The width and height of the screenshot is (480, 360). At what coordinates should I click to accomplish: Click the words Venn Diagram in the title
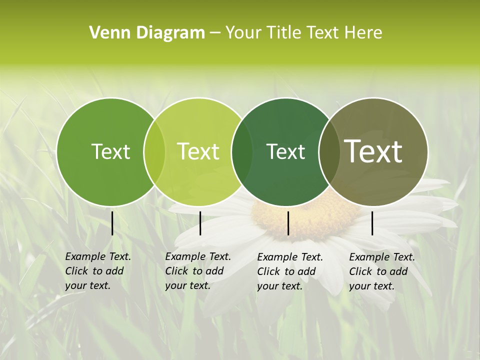[x=147, y=33]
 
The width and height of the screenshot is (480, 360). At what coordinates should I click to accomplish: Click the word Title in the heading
[x=285, y=33]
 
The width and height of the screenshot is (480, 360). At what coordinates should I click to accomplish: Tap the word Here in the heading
[x=362, y=33]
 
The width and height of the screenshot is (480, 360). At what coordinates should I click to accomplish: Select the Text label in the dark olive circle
[x=373, y=151]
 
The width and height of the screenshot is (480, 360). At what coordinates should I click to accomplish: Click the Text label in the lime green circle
[x=198, y=151]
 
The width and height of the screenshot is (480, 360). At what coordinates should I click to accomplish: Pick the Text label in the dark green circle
[x=285, y=151]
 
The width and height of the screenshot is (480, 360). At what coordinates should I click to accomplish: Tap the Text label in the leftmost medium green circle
[x=110, y=151]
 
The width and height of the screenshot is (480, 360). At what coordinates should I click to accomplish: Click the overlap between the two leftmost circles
[x=154, y=151]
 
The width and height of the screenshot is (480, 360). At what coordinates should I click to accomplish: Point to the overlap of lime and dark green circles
[x=242, y=151]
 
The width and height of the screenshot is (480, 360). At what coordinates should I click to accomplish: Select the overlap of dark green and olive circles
[x=328, y=151]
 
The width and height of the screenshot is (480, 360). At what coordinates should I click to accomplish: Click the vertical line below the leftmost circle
[x=112, y=223]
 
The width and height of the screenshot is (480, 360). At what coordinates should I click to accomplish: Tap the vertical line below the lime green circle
[x=200, y=223]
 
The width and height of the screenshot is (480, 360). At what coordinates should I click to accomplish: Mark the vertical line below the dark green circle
[x=288, y=223]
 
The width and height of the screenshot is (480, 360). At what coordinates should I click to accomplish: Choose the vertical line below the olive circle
[x=372, y=223]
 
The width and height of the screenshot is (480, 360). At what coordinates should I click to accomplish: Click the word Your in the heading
[x=243, y=33]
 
